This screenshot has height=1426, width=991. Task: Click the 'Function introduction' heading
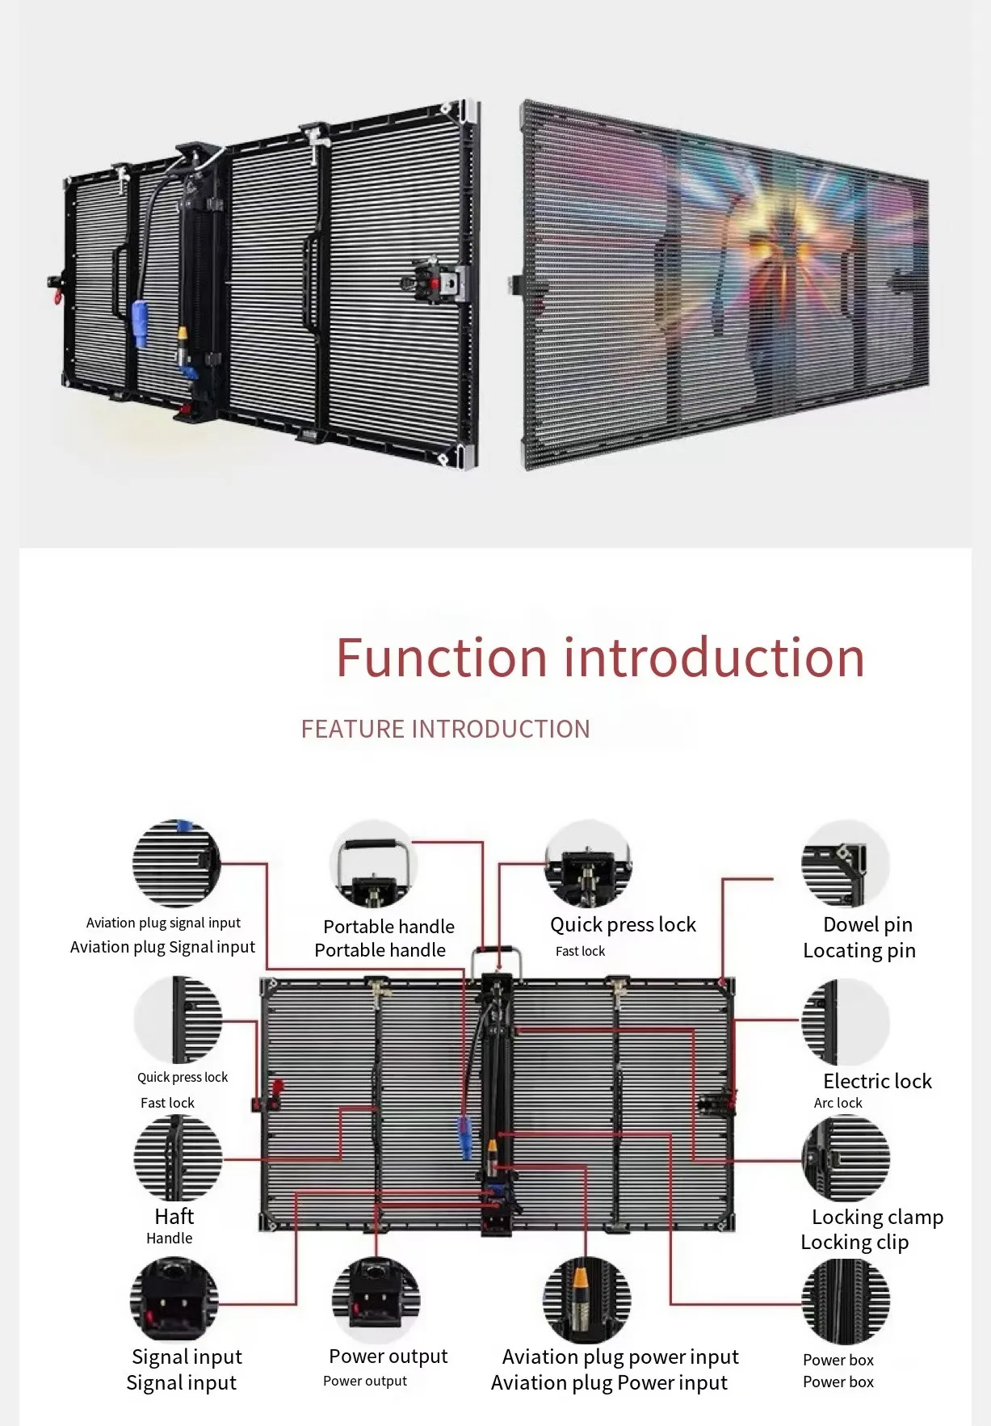600,657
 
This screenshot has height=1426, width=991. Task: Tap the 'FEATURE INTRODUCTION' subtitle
445,729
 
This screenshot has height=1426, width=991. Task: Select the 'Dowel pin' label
867,924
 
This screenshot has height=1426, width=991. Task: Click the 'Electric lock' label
877,1081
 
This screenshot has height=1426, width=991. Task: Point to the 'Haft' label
174,1216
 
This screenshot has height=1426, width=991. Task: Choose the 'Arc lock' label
838,1103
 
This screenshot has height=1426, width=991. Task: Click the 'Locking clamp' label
877,1217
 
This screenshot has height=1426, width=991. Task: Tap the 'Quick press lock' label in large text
623,924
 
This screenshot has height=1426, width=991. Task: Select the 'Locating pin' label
859,951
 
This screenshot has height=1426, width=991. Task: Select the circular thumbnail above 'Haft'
177,1157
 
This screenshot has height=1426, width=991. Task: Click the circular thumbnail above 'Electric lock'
845,1022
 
